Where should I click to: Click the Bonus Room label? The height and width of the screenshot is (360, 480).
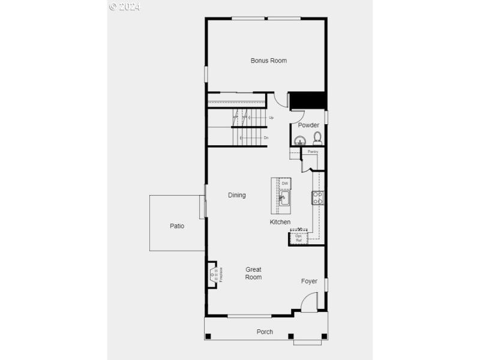click(x=268, y=61)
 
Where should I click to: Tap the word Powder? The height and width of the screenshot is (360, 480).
click(x=308, y=125)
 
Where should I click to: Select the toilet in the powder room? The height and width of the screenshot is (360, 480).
click(x=317, y=139)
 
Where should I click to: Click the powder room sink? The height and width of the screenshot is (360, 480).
click(x=299, y=142)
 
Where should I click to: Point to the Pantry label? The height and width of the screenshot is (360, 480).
click(x=313, y=152)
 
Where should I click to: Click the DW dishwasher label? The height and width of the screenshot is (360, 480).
click(x=285, y=183)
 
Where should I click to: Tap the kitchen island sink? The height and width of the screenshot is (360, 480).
click(x=284, y=198)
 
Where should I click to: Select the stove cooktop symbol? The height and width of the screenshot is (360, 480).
click(x=317, y=197)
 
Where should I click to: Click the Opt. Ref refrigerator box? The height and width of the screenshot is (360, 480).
click(x=298, y=238)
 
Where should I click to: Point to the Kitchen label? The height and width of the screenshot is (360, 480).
click(x=280, y=222)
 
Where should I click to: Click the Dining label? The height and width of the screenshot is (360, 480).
click(x=236, y=195)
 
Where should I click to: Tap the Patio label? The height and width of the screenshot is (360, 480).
click(x=176, y=226)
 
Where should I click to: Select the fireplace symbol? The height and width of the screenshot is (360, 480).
click(x=213, y=275)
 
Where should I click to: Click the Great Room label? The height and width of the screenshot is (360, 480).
click(x=253, y=273)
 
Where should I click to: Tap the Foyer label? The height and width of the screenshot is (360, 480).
click(x=309, y=281)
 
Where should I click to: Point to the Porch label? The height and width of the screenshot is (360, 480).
click(x=265, y=332)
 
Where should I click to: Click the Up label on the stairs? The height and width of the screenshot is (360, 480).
click(x=271, y=118)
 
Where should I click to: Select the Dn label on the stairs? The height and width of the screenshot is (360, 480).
click(x=266, y=137)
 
